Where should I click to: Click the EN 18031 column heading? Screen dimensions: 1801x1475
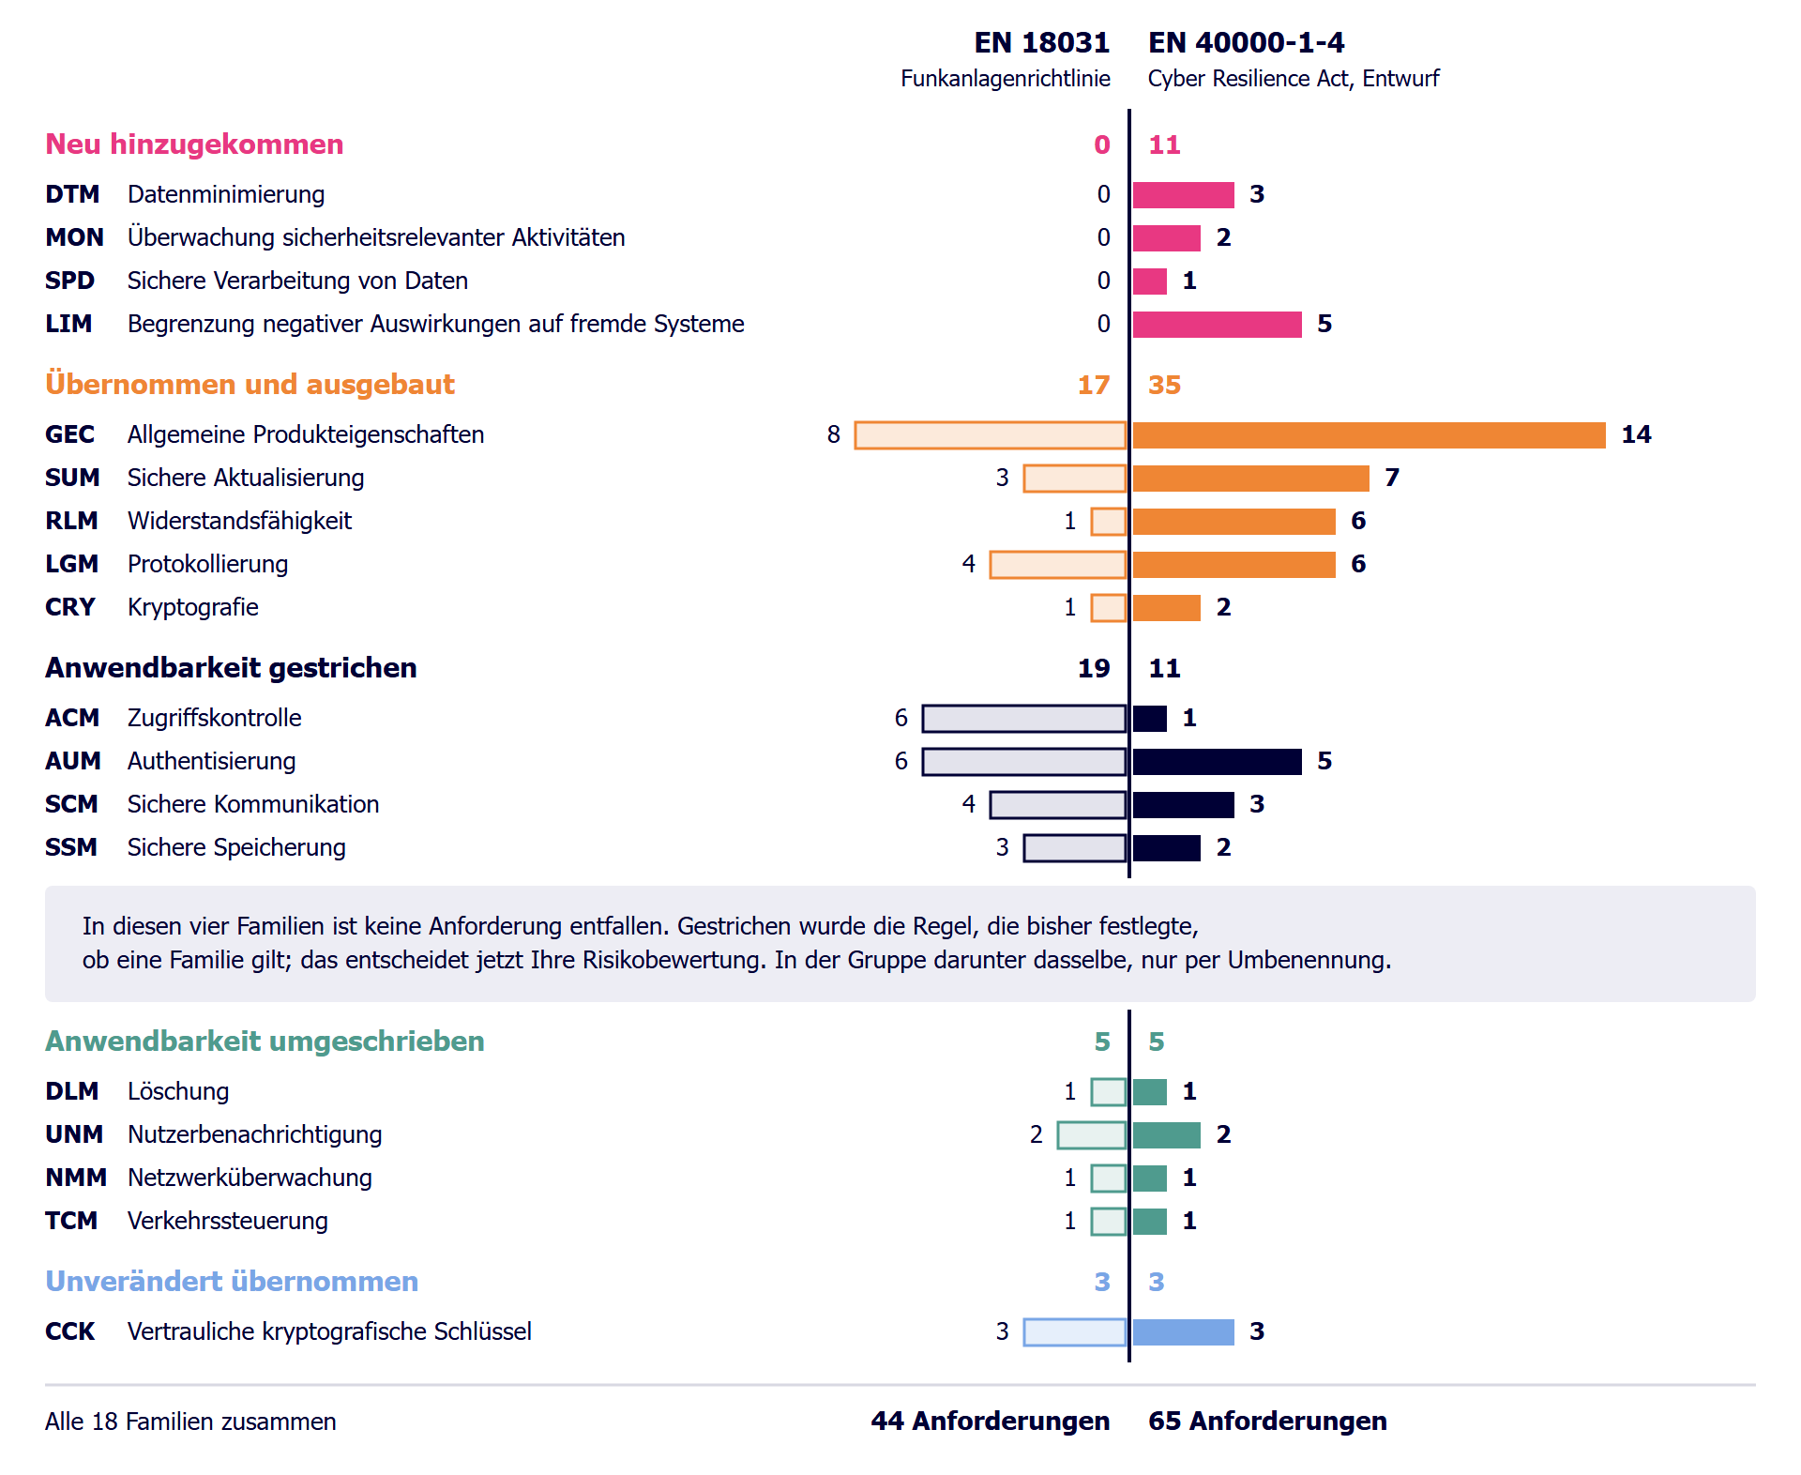click(1041, 42)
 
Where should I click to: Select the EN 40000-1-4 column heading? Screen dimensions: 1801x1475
click(1246, 42)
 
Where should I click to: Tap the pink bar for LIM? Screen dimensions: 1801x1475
click(1217, 325)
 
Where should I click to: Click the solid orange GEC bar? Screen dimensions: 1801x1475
click(1370, 435)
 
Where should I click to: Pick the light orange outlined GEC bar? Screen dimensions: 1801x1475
click(991, 435)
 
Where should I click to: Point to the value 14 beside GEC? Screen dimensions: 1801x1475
click(1636, 434)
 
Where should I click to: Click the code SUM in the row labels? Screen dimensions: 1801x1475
click(72, 478)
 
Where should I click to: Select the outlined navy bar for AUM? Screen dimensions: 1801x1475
click(1024, 762)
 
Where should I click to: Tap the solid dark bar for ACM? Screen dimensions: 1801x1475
click(1150, 719)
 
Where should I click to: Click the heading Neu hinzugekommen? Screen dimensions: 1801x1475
click(194, 144)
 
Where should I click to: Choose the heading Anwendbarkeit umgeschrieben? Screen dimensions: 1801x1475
click(265, 1041)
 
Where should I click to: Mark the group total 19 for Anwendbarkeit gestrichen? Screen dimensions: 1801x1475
click(1094, 668)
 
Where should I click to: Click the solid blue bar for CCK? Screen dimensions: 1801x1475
click(1184, 1332)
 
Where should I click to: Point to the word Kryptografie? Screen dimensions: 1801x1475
click(193, 607)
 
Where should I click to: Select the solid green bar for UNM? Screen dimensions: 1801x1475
click(1167, 1135)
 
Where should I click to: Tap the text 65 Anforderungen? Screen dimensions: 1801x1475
click(1267, 1421)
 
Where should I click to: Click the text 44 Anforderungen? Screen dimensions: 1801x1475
click(991, 1421)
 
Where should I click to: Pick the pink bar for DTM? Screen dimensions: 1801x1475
click(1184, 195)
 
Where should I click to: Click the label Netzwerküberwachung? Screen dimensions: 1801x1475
click(250, 1178)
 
